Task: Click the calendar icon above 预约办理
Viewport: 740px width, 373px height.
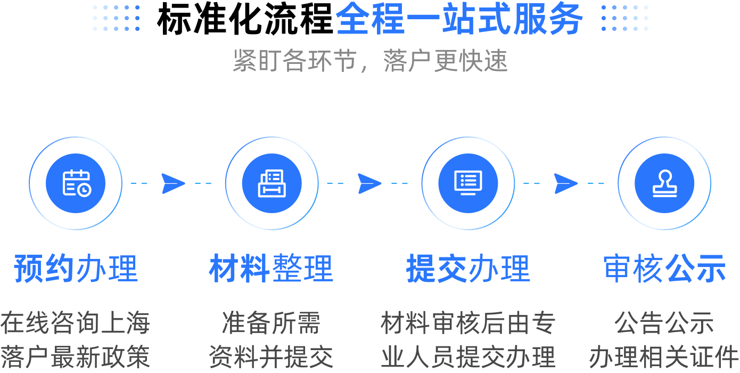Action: (x=76, y=183)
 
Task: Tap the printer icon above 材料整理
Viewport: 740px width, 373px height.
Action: (x=272, y=183)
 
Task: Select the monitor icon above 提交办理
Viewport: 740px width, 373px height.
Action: (x=468, y=183)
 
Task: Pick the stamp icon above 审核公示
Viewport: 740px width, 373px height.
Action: (x=664, y=183)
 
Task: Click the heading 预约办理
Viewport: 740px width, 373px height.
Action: (x=76, y=268)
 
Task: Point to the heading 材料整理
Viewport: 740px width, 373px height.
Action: (x=272, y=268)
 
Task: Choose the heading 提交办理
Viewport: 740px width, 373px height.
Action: (x=468, y=268)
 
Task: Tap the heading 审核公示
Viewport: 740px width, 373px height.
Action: (x=664, y=268)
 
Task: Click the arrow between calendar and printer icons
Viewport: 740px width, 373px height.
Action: (x=173, y=183)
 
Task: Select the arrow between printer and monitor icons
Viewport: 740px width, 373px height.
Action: (x=369, y=183)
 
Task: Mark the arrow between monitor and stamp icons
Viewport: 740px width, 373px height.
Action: (x=566, y=183)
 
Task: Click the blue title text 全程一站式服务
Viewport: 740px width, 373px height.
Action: (x=459, y=20)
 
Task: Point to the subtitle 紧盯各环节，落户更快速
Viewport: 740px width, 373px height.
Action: (x=370, y=61)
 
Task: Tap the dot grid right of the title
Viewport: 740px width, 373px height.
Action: (x=625, y=19)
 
